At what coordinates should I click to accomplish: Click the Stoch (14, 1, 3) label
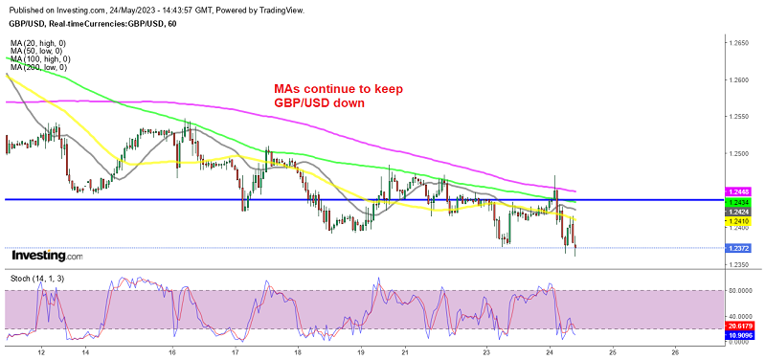tap(34, 277)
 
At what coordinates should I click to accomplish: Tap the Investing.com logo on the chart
tap(45, 256)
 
